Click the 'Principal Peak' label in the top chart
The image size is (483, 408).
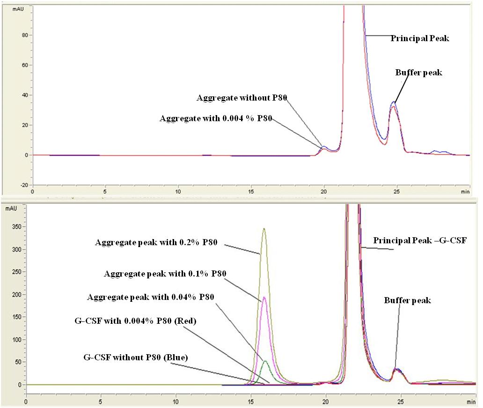(x=420, y=38)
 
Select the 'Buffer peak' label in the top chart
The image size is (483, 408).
(x=418, y=73)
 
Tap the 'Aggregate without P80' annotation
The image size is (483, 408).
(x=241, y=98)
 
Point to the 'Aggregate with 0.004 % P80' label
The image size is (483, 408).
(x=216, y=118)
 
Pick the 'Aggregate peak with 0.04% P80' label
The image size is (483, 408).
(x=151, y=297)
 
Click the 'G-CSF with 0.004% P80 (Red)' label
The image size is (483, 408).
(x=135, y=321)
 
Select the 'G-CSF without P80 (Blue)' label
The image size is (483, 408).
(x=135, y=357)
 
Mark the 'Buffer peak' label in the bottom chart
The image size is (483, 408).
(x=407, y=300)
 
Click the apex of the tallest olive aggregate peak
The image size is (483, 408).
(x=264, y=228)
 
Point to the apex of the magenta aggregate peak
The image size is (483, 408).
(x=264, y=297)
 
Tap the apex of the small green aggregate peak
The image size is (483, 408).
(x=265, y=361)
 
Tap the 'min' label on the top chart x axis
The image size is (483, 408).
(x=465, y=192)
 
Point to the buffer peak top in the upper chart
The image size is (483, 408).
(x=394, y=102)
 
